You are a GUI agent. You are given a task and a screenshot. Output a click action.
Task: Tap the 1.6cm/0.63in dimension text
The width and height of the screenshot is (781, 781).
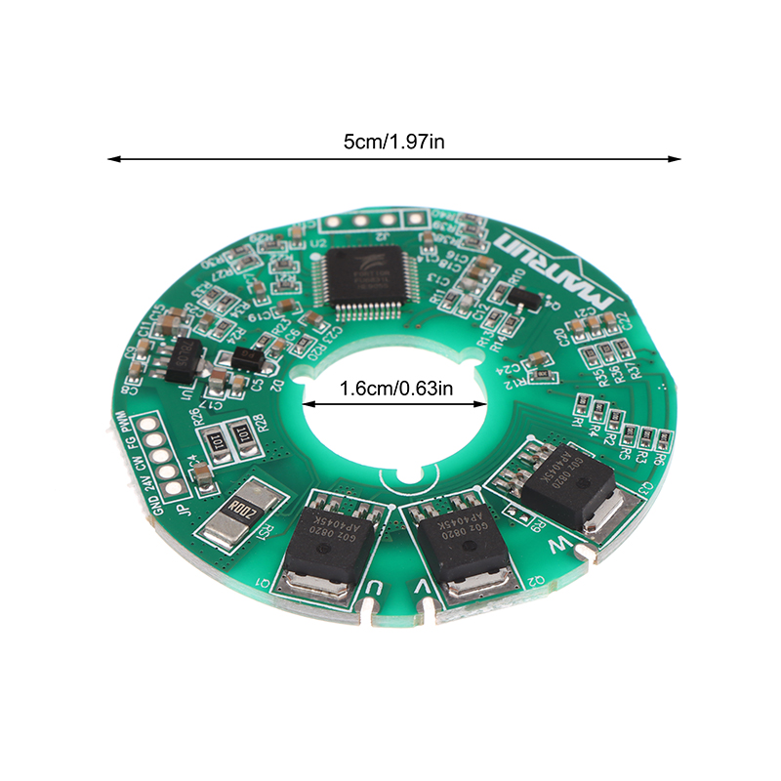(395, 390)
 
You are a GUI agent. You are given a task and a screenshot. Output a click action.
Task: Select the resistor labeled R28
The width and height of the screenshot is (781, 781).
(241, 436)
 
